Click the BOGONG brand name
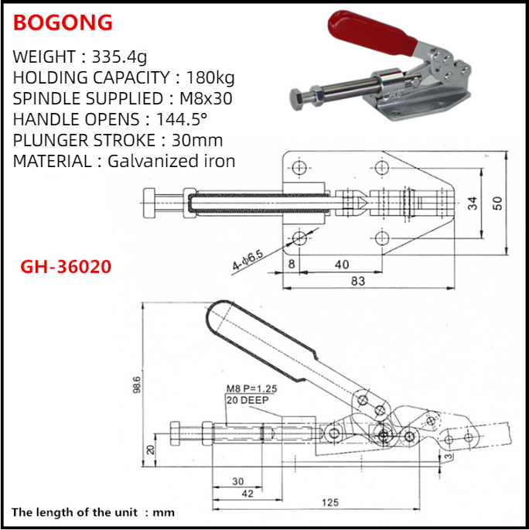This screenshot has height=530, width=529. [x=63, y=22]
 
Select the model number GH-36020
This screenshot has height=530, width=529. [x=66, y=267]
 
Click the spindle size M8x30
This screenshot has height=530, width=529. [x=202, y=98]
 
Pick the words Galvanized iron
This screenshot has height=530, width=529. [x=171, y=161]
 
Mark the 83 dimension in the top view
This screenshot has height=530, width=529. [x=357, y=281]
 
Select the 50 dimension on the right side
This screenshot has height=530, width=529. [x=500, y=203]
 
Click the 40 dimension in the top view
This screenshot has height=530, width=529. [x=341, y=264]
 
